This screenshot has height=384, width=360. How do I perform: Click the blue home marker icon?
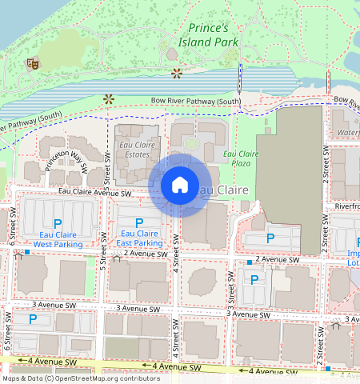click(180, 185)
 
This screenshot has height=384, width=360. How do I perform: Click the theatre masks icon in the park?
click(33, 63)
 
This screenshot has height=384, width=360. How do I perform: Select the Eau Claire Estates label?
click(137, 150)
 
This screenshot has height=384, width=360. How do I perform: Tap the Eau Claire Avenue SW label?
click(94, 193)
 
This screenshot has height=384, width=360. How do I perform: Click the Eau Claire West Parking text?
click(57, 238)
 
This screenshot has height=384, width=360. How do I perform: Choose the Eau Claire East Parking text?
click(139, 238)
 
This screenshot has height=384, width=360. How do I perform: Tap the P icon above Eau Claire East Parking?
click(139, 222)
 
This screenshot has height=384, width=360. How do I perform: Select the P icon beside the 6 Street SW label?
click(32, 319)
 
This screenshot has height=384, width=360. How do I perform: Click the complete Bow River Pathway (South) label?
click(196, 102)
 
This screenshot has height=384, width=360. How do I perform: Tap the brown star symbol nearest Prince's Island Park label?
click(177, 74)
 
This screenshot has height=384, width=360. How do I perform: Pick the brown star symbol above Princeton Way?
click(109, 99)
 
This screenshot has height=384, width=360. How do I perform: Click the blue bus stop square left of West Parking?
click(26, 252)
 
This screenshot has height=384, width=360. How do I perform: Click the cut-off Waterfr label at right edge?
click(347, 133)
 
